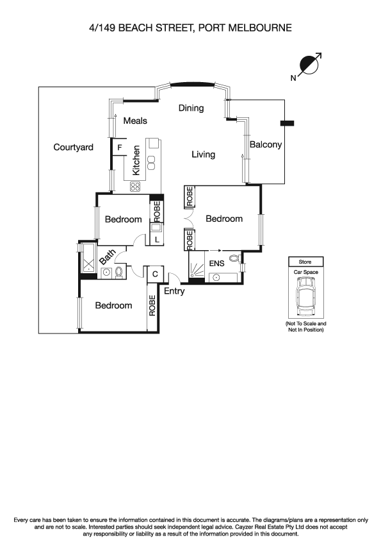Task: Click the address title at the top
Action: coord(190,28)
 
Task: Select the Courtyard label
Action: coord(73,148)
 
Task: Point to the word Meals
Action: coord(135,121)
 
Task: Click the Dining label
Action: coord(191,108)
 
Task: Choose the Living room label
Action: coord(204,155)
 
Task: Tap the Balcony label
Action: coord(265,145)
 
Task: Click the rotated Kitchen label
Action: coord(136,160)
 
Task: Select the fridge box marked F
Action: coord(119,148)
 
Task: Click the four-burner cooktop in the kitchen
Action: coord(136,187)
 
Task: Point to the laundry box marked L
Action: coord(157,239)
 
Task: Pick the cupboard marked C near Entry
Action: coord(154,274)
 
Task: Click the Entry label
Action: coord(174,291)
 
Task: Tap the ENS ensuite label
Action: coord(217,264)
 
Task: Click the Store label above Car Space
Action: coord(305,262)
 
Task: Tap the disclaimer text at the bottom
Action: coord(190,526)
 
